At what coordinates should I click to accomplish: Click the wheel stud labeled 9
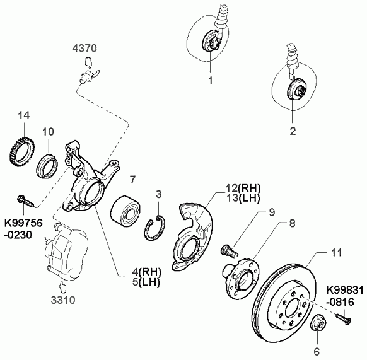coord(229,250)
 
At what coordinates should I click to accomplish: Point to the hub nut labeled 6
coord(318,323)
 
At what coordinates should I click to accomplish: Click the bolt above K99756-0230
coord(25,201)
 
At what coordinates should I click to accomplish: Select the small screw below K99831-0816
coord(343,319)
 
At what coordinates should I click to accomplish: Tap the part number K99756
coord(23,223)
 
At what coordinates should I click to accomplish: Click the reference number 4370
coord(84,48)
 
